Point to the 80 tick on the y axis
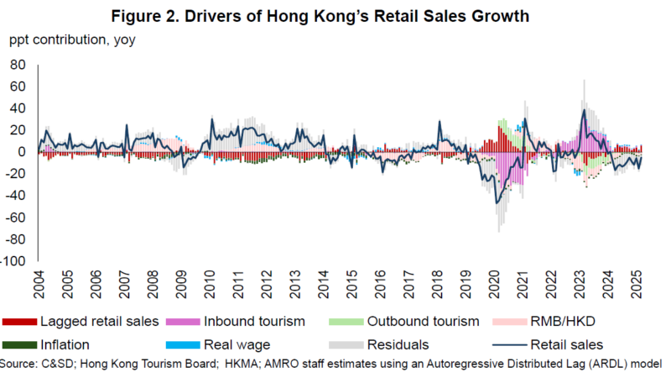18,65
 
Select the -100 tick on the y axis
15,261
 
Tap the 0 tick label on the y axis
24,151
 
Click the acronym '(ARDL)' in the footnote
600,364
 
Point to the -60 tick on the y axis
18,218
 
